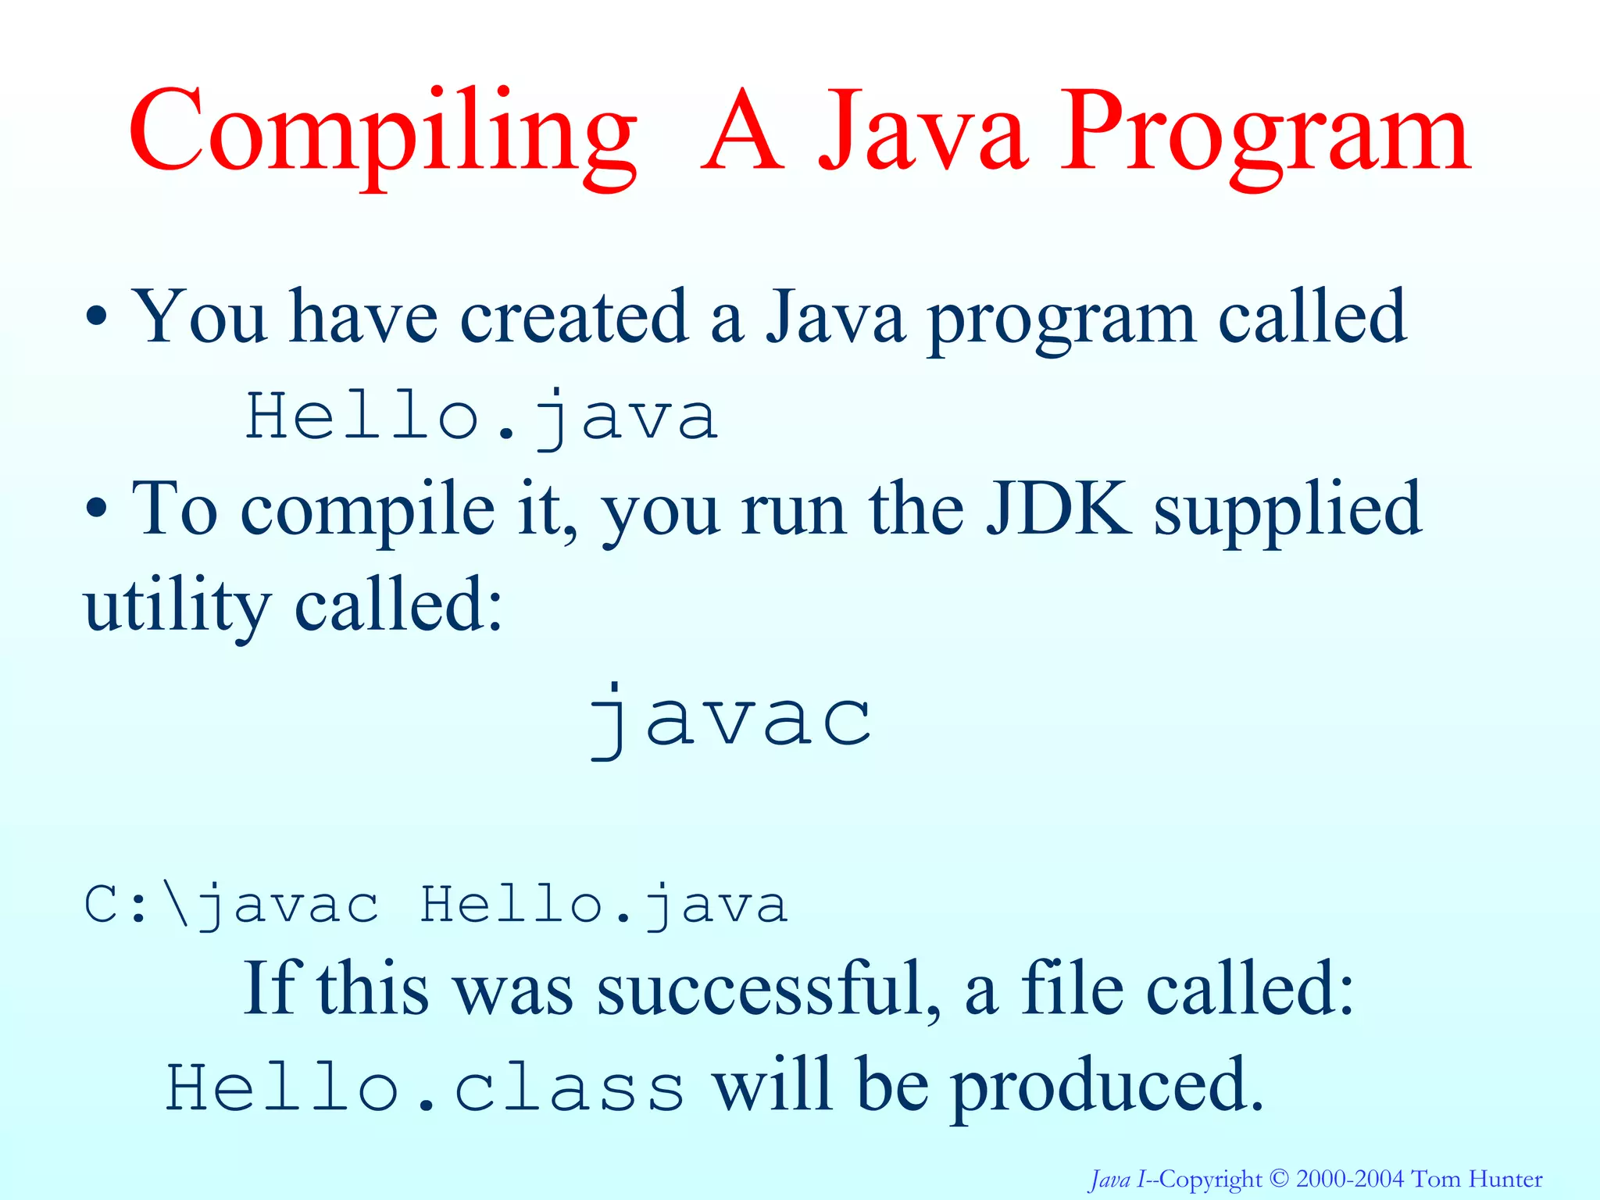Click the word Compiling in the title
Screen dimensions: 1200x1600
[x=383, y=133]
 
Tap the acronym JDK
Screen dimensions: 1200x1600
[x=1058, y=508]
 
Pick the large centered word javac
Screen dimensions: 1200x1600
[x=730, y=719]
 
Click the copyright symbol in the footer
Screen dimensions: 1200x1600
[x=1278, y=1178]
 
